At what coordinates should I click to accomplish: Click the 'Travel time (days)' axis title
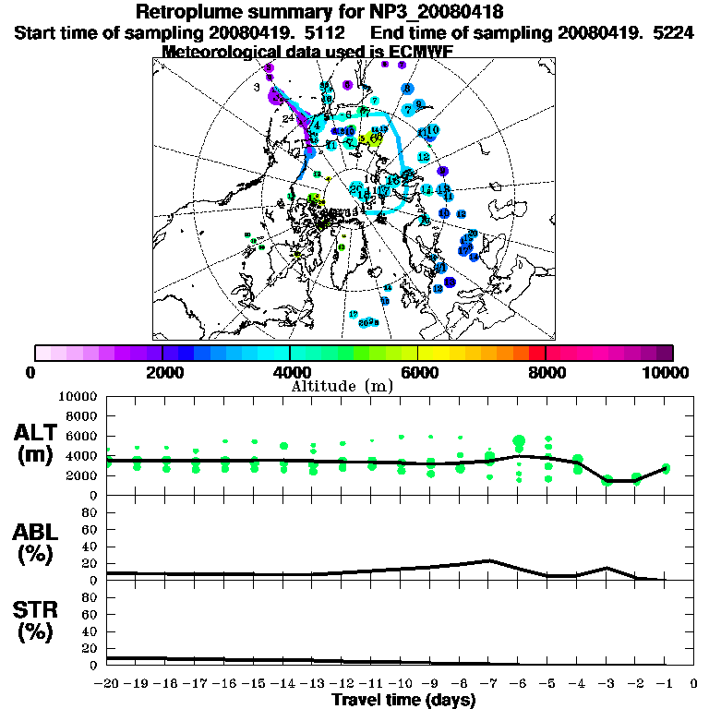403,700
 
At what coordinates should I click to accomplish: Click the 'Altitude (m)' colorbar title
354,385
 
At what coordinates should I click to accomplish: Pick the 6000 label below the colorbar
418,372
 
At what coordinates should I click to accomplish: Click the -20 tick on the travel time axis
109,684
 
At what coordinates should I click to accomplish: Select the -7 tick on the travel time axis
489,684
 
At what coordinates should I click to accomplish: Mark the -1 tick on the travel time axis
665,684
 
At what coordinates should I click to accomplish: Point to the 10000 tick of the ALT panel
78,396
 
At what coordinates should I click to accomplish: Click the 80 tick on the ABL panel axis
90,511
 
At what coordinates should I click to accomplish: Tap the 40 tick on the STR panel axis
90,631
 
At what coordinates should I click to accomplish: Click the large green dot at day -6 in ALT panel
519,441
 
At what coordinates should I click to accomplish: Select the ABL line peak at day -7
489,560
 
